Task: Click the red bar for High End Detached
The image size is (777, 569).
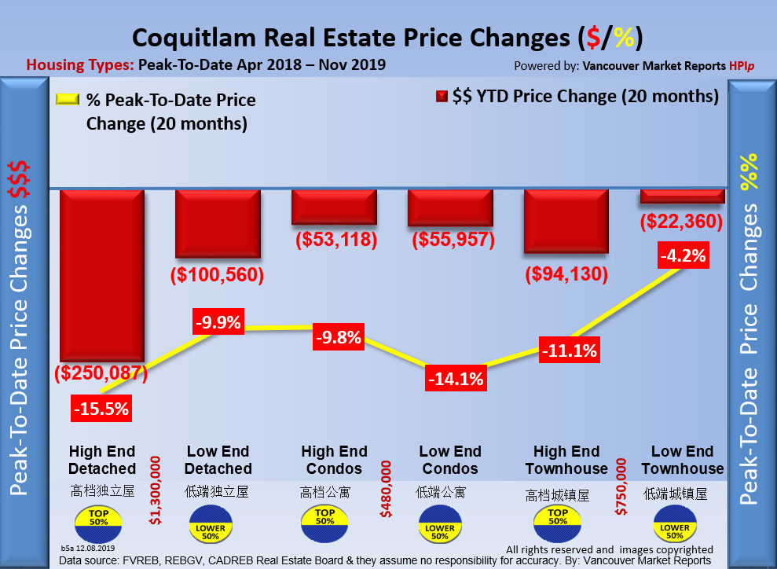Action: (x=102, y=275)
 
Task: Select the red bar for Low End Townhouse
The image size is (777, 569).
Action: (x=681, y=196)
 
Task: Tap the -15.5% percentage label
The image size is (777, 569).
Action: (x=101, y=409)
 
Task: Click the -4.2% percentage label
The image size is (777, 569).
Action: (x=684, y=255)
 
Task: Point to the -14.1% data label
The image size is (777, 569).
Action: (x=456, y=378)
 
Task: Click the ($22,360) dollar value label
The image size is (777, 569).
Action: (x=682, y=222)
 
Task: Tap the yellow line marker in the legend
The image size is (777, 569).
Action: (x=66, y=101)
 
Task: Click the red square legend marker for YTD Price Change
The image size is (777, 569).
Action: (x=441, y=97)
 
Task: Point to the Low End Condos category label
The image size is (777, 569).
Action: (x=449, y=460)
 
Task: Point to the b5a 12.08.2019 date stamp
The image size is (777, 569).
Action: (x=88, y=547)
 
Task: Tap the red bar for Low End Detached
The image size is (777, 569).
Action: (x=218, y=223)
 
